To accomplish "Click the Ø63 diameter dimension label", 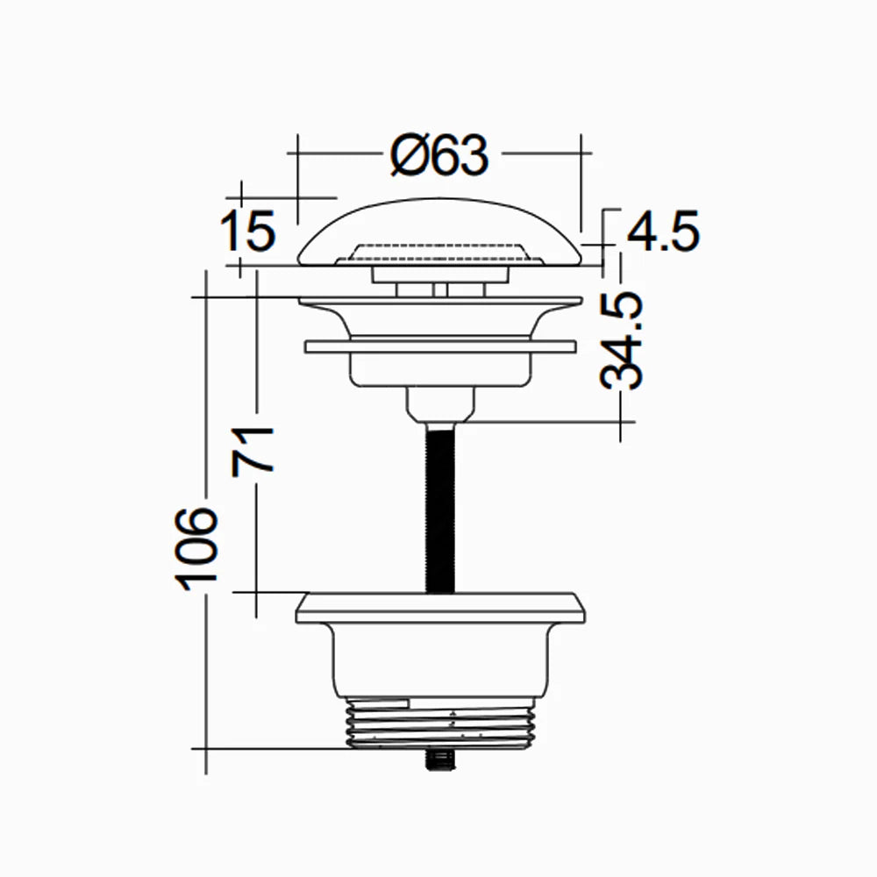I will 438,156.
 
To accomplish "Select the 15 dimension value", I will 247,231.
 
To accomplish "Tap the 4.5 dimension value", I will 661,232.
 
